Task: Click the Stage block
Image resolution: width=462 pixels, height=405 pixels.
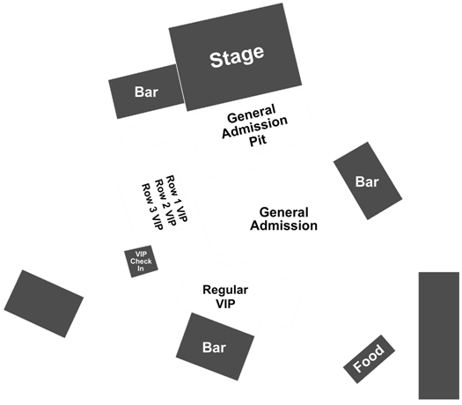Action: (235, 57)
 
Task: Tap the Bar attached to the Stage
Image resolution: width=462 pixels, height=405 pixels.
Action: (146, 92)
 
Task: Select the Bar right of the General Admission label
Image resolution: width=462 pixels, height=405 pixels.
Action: (368, 181)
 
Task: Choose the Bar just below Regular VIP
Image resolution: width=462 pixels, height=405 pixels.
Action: (215, 347)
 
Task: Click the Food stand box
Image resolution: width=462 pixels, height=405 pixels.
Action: (370, 359)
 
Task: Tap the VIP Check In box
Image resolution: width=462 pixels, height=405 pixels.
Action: (141, 261)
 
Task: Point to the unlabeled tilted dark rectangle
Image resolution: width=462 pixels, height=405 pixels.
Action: (44, 304)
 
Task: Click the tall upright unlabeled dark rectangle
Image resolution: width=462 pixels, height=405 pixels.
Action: (439, 335)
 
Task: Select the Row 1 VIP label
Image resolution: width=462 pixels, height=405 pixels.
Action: (177, 198)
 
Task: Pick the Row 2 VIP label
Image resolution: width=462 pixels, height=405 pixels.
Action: (165, 202)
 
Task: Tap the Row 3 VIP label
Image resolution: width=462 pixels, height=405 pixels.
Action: (152, 206)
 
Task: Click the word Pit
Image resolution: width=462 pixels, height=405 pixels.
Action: (258, 140)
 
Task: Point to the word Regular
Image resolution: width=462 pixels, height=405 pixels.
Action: (225, 291)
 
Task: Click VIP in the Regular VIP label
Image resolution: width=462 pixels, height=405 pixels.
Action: (225, 303)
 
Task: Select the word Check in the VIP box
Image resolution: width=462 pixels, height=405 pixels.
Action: (141, 261)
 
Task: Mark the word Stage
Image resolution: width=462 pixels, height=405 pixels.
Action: (237, 56)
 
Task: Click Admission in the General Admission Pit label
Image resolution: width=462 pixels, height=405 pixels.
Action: (254, 127)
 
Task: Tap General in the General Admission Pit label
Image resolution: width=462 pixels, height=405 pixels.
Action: (252, 114)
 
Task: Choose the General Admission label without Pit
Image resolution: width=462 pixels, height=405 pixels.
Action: (283, 219)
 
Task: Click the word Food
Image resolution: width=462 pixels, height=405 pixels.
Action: (369, 358)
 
